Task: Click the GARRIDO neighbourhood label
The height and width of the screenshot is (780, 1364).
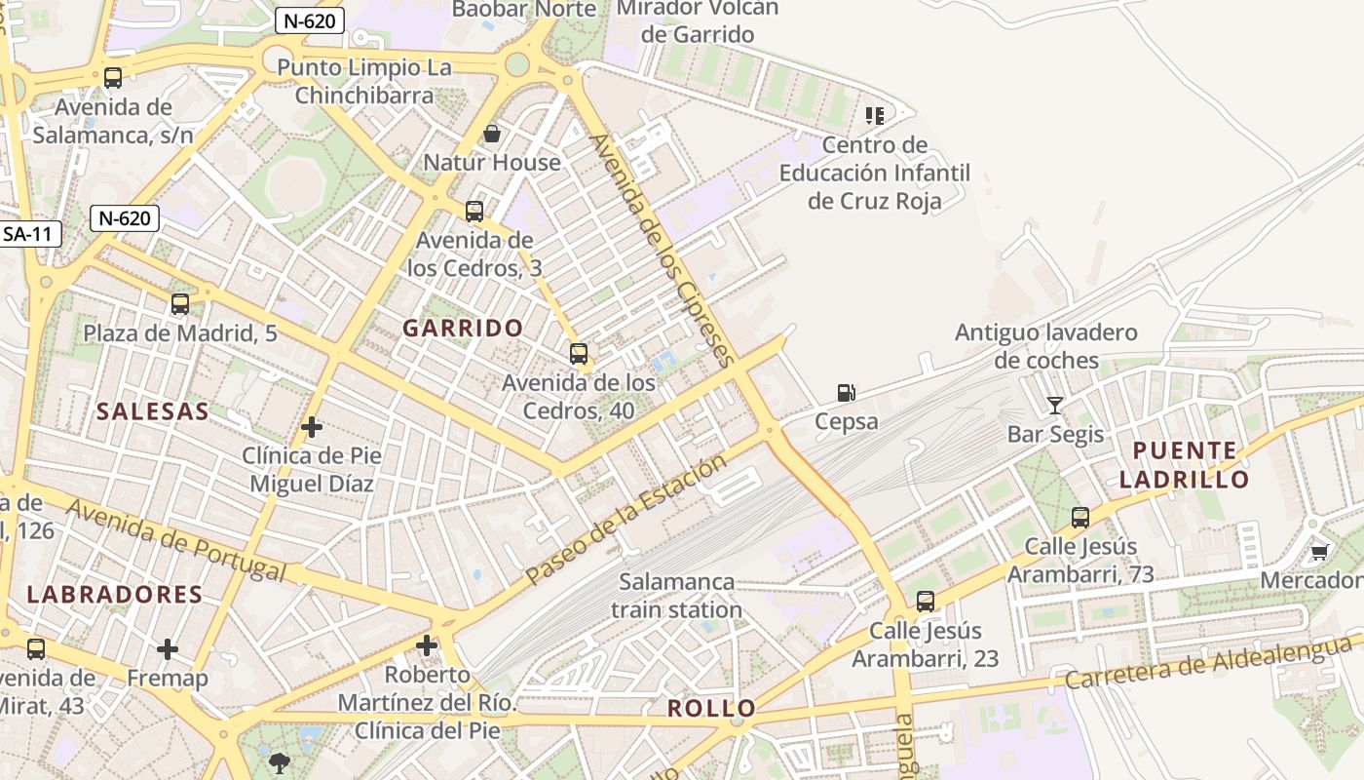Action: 463,328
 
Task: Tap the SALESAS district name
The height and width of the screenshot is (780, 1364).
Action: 152,411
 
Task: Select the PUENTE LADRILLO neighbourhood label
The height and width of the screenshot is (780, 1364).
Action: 1184,465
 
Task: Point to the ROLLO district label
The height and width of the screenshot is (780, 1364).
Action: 711,708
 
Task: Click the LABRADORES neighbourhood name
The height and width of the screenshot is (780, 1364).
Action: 115,595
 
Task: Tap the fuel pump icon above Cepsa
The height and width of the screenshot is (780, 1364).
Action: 847,393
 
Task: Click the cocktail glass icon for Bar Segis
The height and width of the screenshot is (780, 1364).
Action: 1054,405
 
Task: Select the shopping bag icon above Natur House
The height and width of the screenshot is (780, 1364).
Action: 492,133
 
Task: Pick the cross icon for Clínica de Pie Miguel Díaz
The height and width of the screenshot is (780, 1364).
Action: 312,427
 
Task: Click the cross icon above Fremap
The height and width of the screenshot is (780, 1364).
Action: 168,648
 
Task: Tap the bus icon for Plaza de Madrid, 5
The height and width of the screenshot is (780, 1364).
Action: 180,304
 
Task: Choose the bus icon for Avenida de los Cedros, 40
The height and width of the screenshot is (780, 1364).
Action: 579,354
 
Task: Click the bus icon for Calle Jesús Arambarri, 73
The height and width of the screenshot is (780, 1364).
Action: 1080,518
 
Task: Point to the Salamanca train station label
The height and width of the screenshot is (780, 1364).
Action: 677,596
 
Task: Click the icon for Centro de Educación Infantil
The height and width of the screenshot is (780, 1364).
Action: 875,116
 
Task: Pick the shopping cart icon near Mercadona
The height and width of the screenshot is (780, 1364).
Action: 1319,552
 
